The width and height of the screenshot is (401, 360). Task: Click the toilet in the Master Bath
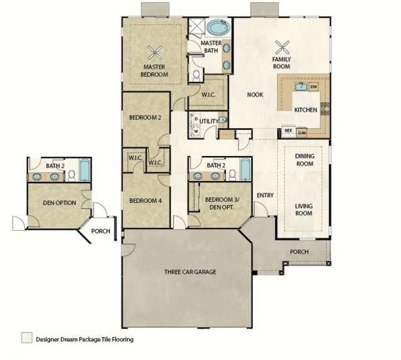coord(196,74)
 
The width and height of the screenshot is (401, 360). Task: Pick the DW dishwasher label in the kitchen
coord(313,87)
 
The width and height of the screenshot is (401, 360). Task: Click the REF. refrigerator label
coord(288,131)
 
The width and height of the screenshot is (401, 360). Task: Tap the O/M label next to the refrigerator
coord(302,133)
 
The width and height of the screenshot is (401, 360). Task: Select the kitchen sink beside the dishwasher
coord(300,86)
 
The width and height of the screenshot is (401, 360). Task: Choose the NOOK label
coord(255,94)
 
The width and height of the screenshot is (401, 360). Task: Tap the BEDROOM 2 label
coord(145,118)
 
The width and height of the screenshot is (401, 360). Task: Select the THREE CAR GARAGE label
coord(190,272)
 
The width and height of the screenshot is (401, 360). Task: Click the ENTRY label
coord(265,195)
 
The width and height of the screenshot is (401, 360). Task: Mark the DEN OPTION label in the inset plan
coord(59,203)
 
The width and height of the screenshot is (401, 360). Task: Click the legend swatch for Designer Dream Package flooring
coord(26,338)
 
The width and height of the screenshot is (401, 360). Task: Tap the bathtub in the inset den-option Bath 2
coord(84,170)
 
